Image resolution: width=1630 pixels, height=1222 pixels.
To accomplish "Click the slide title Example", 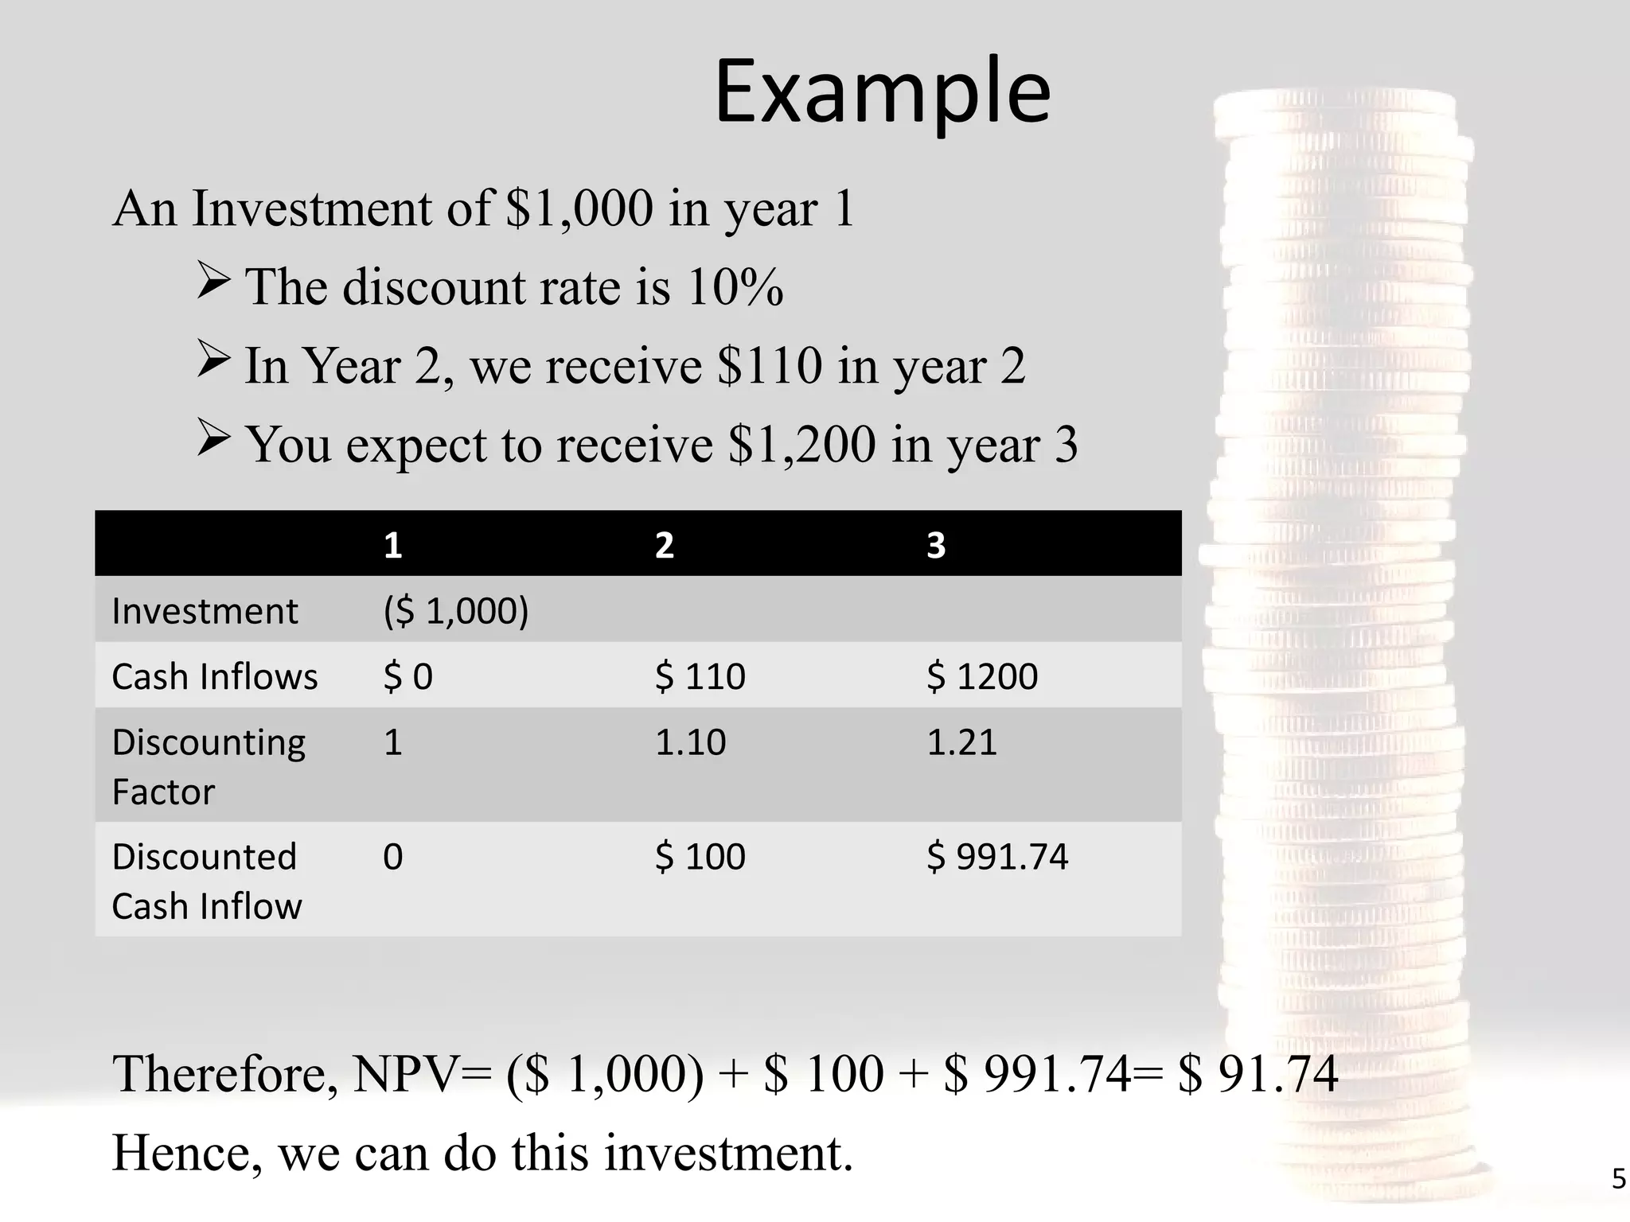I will [x=882, y=92].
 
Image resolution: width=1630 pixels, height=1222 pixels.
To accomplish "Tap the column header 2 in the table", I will [x=664, y=546].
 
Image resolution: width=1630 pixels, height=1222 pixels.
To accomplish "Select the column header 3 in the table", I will [x=935, y=546].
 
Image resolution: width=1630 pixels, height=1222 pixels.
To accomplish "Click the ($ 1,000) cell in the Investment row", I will [x=455, y=611].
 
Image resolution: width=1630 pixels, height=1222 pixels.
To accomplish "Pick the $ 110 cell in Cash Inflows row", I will [x=700, y=677].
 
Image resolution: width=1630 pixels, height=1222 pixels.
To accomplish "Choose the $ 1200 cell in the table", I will [x=981, y=677].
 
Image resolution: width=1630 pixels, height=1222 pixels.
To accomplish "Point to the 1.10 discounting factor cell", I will [x=690, y=742].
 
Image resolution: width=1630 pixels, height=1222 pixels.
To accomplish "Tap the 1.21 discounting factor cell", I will [x=961, y=742].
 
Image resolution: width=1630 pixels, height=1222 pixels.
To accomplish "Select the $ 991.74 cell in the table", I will [x=996, y=857].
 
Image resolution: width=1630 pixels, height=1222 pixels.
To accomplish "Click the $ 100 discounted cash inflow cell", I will [x=700, y=857].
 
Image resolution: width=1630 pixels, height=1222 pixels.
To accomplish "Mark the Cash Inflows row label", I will [x=214, y=677].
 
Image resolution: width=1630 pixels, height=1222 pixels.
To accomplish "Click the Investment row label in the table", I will [x=205, y=611].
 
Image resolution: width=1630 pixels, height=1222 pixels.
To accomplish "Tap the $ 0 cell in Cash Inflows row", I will [x=407, y=677].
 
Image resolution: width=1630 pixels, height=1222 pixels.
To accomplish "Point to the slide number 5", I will [x=1618, y=1178].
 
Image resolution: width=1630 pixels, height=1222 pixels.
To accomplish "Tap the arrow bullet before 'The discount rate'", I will [x=213, y=281].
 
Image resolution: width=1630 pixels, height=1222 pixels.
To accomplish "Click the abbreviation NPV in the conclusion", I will [x=406, y=1073].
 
